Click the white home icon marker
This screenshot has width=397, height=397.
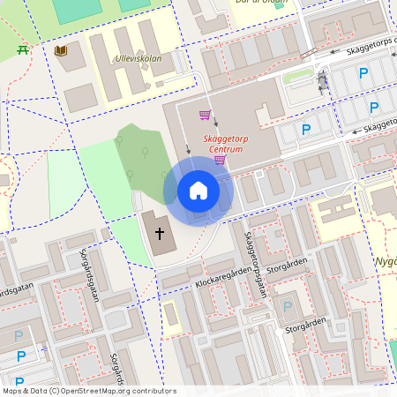click(x=198, y=191)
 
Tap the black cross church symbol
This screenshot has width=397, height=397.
click(x=160, y=234)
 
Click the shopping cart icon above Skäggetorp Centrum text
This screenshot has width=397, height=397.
click(x=205, y=115)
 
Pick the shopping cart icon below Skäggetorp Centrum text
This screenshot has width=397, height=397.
click(x=220, y=160)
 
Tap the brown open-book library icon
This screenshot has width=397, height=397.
click(x=61, y=52)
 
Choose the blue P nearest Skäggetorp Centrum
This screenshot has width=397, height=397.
click(x=306, y=130)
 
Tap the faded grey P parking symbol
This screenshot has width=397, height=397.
click(x=287, y=307)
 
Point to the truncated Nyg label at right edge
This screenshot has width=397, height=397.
click(x=387, y=262)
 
